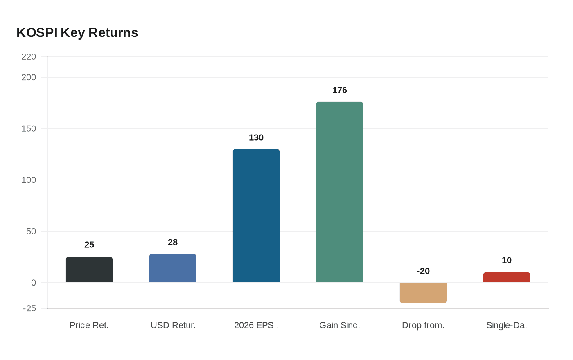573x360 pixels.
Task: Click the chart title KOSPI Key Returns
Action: click(77, 32)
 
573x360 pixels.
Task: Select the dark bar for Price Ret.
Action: click(89, 270)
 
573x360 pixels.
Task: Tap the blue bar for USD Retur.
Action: click(173, 268)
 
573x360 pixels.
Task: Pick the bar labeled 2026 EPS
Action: click(256, 216)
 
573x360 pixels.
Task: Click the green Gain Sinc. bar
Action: click(340, 192)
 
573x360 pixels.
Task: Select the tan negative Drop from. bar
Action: click(423, 293)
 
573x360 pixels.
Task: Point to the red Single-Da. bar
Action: click(507, 277)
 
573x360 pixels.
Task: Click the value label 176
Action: click(340, 90)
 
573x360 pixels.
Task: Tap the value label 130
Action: click(256, 137)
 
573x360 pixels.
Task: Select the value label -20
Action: click(423, 271)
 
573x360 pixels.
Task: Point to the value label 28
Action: click(173, 242)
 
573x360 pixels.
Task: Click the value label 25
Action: click(89, 245)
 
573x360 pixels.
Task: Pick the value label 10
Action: click(507, 260)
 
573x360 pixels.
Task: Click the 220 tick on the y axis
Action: click(29, 56)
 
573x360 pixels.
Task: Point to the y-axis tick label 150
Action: click(29, 128)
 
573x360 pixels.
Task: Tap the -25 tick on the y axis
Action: click(29, 308)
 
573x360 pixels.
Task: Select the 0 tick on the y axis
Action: click(34, 283)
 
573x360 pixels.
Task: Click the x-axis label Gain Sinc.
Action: click(340, 325)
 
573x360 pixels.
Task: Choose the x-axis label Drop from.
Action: click(423, 325)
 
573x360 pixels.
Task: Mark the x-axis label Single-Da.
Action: click(507, 325)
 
